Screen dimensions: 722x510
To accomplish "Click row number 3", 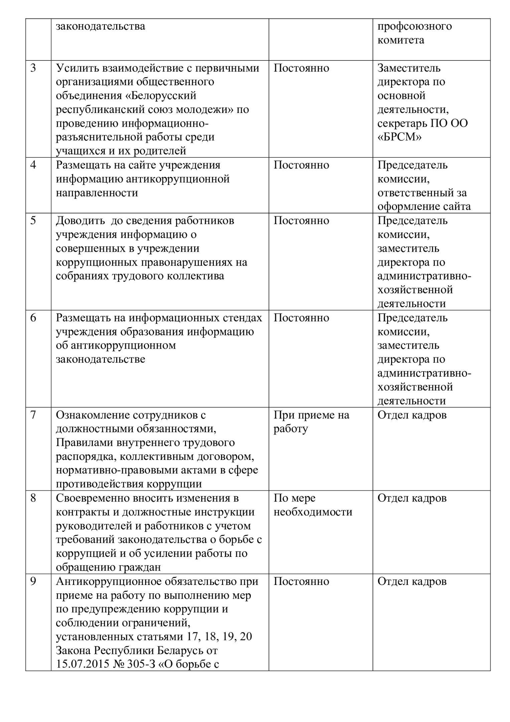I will coord(33,68).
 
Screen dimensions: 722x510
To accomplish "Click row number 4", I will coord(33,165).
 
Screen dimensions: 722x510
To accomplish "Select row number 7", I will coord(33,415).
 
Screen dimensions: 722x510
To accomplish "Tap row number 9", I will coord(33,581).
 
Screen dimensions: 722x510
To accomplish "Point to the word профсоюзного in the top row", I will coord(414,26).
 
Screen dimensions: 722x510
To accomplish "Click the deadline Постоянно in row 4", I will coord(301,165).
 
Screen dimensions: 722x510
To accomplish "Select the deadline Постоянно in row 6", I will coord(301,318).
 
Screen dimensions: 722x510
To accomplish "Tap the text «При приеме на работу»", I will coord(311,422).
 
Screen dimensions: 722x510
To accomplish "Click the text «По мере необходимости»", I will coord(313,505).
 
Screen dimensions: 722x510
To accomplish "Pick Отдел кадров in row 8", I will coord(412,498).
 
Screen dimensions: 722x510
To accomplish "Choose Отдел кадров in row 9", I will coord(412,581).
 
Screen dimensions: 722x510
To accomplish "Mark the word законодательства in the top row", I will coord(100,26).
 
